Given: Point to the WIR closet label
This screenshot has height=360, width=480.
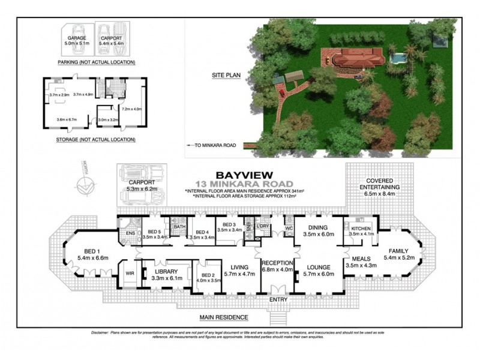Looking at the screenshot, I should pos(129,273).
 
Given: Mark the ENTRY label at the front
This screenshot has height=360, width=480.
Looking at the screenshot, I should pos(278,299).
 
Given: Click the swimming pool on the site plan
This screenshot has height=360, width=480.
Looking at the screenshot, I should pos(397,58).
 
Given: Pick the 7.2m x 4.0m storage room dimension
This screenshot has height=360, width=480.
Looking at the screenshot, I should pos(131,109).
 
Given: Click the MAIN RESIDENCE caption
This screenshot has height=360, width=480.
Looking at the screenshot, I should pos(225,317).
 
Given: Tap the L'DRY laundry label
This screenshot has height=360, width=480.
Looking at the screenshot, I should pos(262,226).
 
